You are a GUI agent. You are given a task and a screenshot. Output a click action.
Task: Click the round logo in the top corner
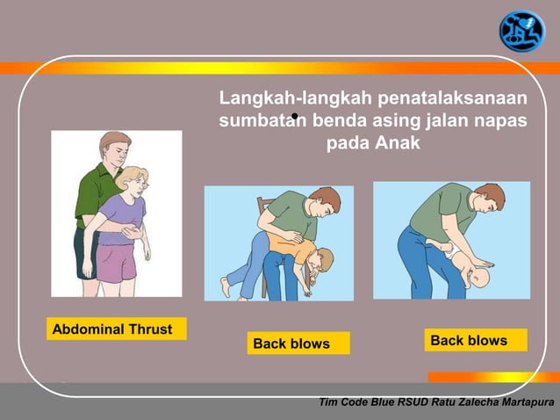point(521,30)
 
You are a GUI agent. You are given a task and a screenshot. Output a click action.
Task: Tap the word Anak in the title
point(398,142)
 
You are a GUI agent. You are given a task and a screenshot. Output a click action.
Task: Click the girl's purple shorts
point(116,261)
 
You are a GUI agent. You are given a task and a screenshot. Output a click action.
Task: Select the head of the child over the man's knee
point(321,263)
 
